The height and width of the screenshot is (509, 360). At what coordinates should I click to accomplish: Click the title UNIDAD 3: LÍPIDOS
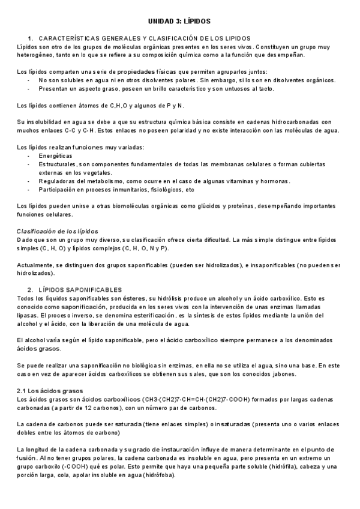(x=179, y=20)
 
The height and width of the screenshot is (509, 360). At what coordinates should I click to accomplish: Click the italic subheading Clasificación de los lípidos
(x=58, y=231)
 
